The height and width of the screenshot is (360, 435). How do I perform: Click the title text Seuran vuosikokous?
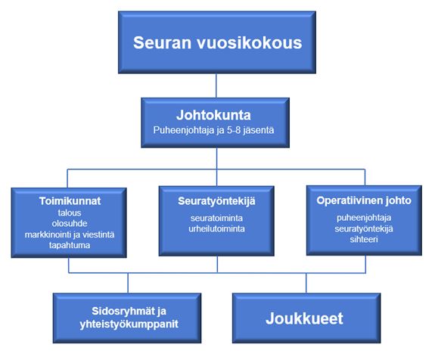218,42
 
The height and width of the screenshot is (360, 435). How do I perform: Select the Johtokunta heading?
213,115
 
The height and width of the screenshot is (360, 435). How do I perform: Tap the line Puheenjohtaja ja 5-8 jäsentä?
213,130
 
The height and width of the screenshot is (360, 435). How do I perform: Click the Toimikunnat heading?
70,201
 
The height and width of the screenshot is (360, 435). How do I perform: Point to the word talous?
70,213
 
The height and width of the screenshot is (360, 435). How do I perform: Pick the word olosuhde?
70,223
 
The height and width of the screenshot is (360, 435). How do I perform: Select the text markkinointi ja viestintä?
70,234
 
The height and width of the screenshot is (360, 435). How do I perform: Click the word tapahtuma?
70,245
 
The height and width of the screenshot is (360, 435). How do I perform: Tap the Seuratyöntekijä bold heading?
216,201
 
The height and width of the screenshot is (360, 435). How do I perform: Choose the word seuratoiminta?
216,218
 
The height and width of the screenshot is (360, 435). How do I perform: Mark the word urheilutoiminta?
216,229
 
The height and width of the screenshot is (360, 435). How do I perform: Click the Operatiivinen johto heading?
364,200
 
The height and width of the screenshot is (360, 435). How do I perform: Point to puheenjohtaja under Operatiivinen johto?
364,218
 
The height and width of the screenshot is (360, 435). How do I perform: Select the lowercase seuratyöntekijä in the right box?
364,229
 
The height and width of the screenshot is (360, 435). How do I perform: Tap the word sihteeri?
364,239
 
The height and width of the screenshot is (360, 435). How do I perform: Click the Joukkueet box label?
304,318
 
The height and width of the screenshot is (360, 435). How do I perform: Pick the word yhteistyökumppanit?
129,324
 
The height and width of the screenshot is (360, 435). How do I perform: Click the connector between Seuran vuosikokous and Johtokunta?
216,85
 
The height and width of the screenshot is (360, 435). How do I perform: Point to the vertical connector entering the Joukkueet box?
306,283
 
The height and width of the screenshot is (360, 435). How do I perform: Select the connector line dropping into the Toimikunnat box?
67,178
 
